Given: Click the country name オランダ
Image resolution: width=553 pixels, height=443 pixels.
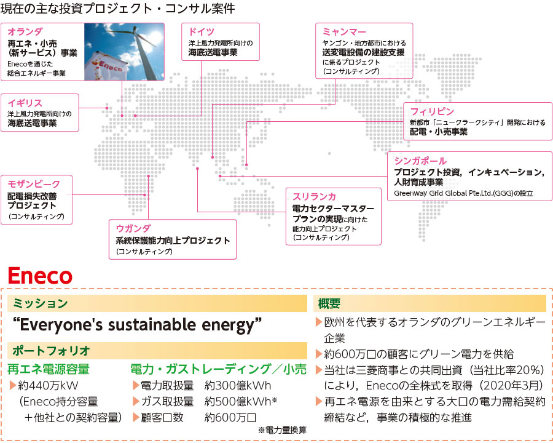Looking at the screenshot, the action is (x=25, y=32).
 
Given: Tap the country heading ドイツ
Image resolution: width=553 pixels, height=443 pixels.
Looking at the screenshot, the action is (x=201, y=32).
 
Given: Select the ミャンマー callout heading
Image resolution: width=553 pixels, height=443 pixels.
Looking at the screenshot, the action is (x=344, y=32).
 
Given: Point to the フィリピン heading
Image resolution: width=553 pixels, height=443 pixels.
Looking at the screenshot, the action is (x=432, y=111).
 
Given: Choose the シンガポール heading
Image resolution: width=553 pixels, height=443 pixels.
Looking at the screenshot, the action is (x=420, y=161).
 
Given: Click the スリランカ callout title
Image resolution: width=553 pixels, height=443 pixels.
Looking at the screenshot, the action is (x=314, y=197).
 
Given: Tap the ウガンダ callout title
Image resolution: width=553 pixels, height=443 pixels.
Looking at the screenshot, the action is (x=133, y=228).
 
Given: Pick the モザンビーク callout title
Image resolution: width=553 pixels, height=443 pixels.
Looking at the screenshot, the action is (x=34, y=184).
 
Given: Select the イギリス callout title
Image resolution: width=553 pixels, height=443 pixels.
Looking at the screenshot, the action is (x=25, y=103).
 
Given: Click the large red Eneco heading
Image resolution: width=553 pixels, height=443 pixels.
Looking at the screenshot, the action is (x=40, y=276).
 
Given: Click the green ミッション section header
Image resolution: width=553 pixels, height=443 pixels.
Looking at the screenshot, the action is (x=40, y=303).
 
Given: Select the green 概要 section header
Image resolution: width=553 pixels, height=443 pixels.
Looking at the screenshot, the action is (x=329, y=303).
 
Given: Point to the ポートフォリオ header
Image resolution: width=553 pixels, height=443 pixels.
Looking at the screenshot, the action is (x=52, y=351).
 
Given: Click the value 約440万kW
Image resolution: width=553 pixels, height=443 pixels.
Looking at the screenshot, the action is (x=48, y=385).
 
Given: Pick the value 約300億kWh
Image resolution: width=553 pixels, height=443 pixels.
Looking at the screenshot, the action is (x=238, y=385).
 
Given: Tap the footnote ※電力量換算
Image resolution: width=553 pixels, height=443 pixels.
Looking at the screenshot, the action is (x=282, y=430).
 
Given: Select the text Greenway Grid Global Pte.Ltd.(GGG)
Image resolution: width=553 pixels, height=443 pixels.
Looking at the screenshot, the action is (x=453, y=193).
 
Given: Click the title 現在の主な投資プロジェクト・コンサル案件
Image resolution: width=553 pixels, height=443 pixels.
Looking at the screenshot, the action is (x=117, y=9).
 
